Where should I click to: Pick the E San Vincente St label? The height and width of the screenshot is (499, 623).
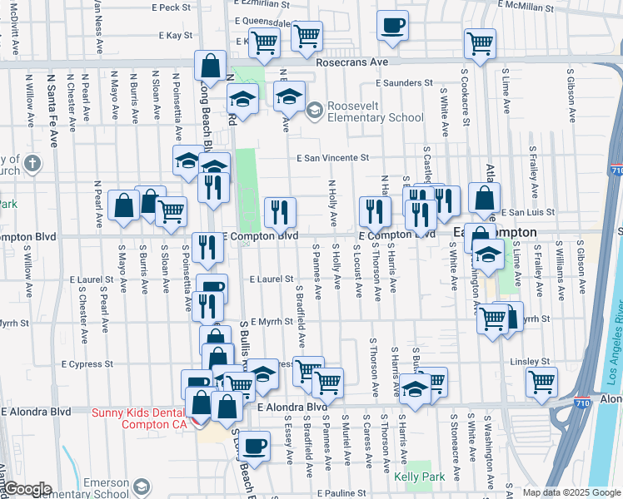(333, 157)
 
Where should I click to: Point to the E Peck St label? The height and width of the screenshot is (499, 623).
(172, 7)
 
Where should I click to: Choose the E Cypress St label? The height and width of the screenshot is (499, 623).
(87, 364)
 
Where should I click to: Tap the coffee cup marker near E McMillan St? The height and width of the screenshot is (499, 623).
(392, 25)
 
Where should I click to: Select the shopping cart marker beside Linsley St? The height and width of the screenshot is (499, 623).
(542, 382)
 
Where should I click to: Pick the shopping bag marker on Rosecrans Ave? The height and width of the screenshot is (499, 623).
(211, 65)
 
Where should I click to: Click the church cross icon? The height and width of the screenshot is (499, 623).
(32, 163)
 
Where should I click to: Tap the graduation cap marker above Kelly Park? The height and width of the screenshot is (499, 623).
(415, 388)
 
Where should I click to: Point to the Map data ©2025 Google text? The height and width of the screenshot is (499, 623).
(571, 492)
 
